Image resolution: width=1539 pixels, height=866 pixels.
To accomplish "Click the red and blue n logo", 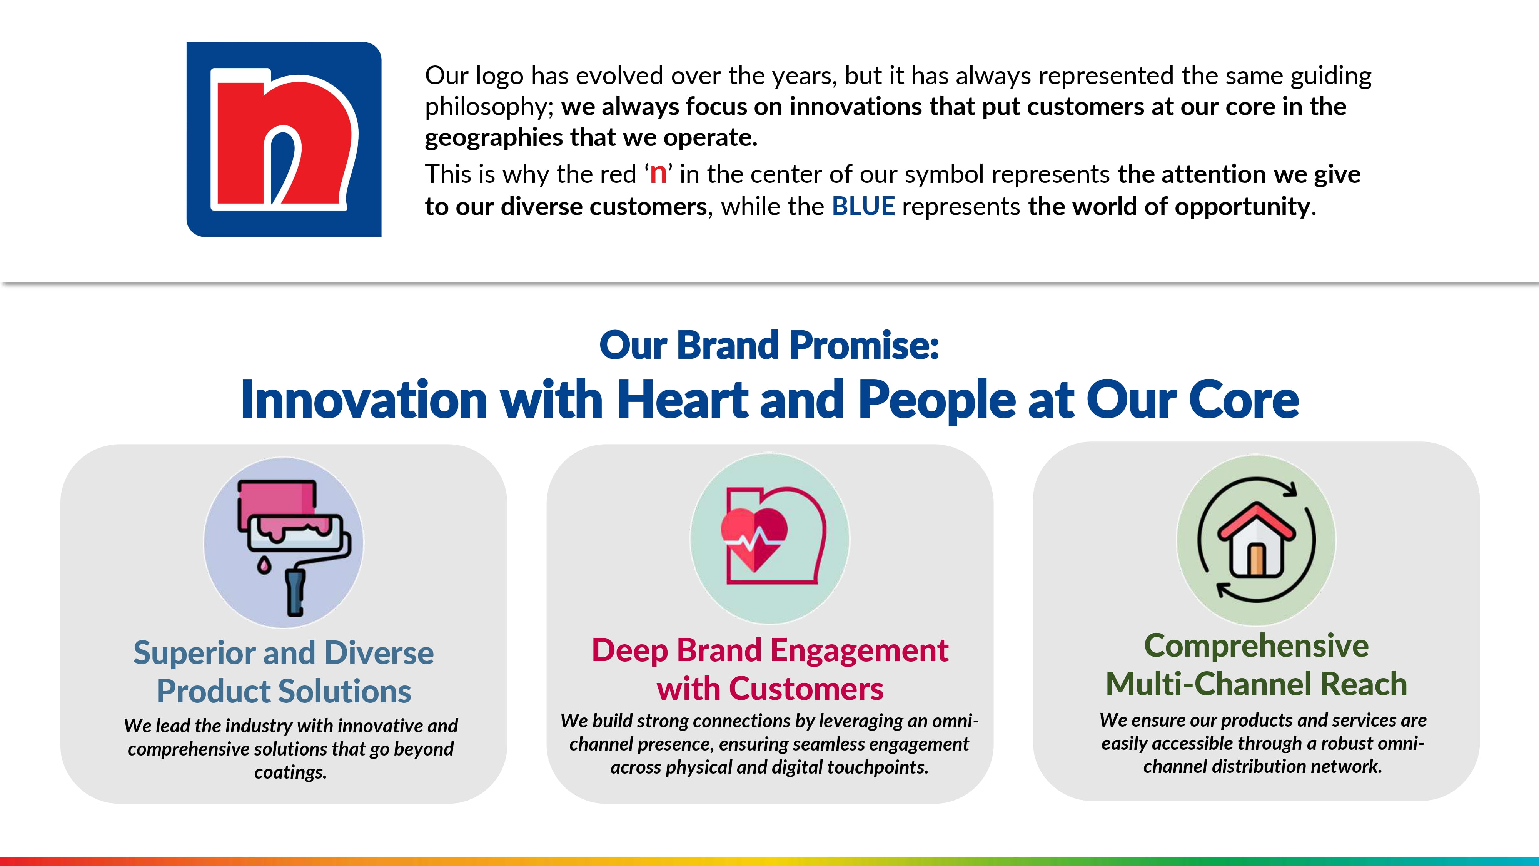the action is tap(284, 139).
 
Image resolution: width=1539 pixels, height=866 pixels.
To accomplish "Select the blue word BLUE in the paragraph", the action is tap(863, 206).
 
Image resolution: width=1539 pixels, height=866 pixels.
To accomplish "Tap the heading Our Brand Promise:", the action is tap(769, 346).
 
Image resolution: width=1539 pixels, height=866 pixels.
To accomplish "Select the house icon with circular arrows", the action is tap(1257, 540).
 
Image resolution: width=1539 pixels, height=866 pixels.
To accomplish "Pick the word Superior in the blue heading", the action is tap(194, 653).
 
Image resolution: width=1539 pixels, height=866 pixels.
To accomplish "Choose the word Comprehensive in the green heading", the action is tap(1257, 646).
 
